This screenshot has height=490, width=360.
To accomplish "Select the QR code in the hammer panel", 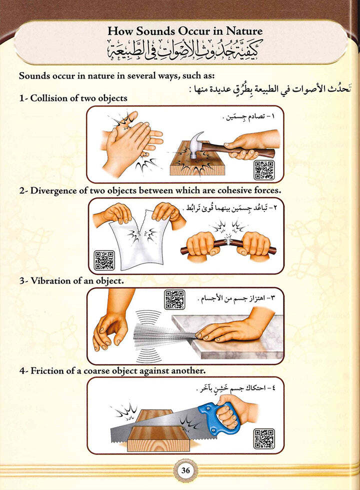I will click(x=263, y=170).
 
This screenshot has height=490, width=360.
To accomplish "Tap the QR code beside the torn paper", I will click(x=104, y=260).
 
